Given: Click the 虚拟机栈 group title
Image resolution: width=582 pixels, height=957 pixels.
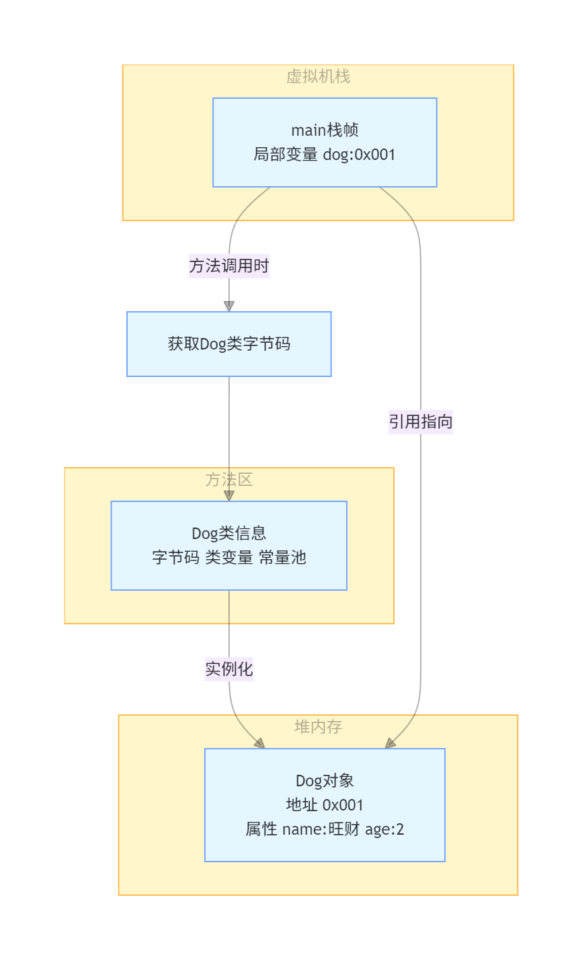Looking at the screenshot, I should pos(318,77).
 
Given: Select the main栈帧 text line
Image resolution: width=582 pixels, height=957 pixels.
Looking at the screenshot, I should pos(325,130).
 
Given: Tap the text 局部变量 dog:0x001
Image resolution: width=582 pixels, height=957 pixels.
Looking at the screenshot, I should pos(325,155).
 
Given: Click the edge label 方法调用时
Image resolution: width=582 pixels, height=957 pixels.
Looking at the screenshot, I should pos(229,266).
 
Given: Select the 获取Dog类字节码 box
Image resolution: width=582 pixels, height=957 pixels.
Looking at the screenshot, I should pos(229,344).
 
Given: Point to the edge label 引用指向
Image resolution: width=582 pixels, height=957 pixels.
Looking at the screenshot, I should pos(421,422).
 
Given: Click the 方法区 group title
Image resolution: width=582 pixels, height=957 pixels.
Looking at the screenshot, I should pos(229,480).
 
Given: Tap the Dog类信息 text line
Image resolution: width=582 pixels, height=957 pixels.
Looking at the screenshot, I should pos(229,534).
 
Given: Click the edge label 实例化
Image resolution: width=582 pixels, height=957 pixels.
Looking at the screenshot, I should pos(229,669).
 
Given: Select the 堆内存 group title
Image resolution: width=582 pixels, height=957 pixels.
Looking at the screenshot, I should pos(318,727).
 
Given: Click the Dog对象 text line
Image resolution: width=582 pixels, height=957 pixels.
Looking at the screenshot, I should pos(325,781).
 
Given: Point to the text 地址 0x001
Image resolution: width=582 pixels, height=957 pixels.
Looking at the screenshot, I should pos(325,805).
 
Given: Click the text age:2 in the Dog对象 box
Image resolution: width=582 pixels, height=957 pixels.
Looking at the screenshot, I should pos(384,829).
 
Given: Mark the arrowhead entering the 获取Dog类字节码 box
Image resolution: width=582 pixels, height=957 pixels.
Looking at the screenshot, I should pos(229,306).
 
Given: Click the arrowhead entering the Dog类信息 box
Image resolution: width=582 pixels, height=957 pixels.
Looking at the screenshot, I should pos(229,495).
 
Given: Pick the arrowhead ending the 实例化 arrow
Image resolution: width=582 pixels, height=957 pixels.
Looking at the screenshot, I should pos(259,743).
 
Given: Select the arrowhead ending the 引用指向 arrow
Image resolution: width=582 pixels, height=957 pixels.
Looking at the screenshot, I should pos(390,743).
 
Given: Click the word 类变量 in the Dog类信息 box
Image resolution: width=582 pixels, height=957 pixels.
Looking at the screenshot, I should pos(229,558).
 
